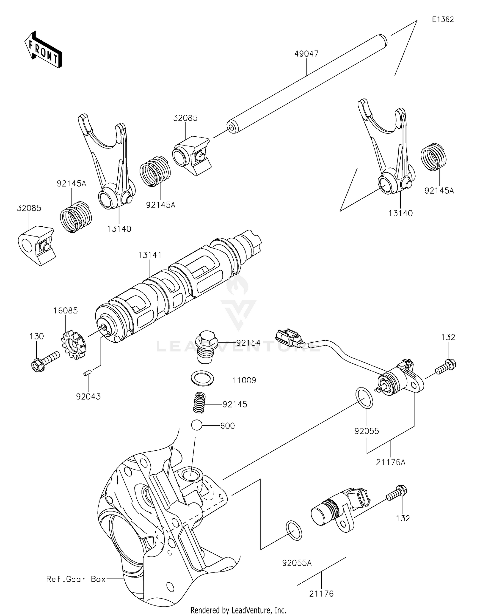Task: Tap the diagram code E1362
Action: (x=443, y=19)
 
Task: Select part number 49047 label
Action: (x=306, y=54)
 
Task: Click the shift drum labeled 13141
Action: (x=178, y=286)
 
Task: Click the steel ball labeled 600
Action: (x=197, y=425)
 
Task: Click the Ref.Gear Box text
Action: (x=76, y=579)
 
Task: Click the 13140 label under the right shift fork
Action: (x=400, y=213)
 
